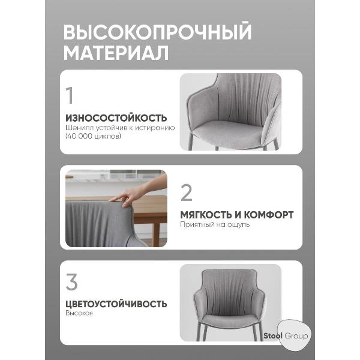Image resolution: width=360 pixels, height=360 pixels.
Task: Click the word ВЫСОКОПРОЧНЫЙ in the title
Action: [157, 31]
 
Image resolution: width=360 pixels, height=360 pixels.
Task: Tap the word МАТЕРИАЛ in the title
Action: [116, 53]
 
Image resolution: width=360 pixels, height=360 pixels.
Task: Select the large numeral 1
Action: [71, 97]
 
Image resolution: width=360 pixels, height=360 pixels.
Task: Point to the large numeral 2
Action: [187, 193]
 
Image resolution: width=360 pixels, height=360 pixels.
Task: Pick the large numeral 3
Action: [71, 282]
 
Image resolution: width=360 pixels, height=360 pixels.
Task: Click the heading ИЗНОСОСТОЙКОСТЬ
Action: [116, 118]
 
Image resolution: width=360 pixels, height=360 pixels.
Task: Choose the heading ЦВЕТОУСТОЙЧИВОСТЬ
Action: [116, 304]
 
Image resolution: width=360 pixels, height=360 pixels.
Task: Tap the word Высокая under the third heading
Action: [79, 314]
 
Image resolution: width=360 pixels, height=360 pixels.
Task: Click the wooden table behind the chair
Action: [150, 210]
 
